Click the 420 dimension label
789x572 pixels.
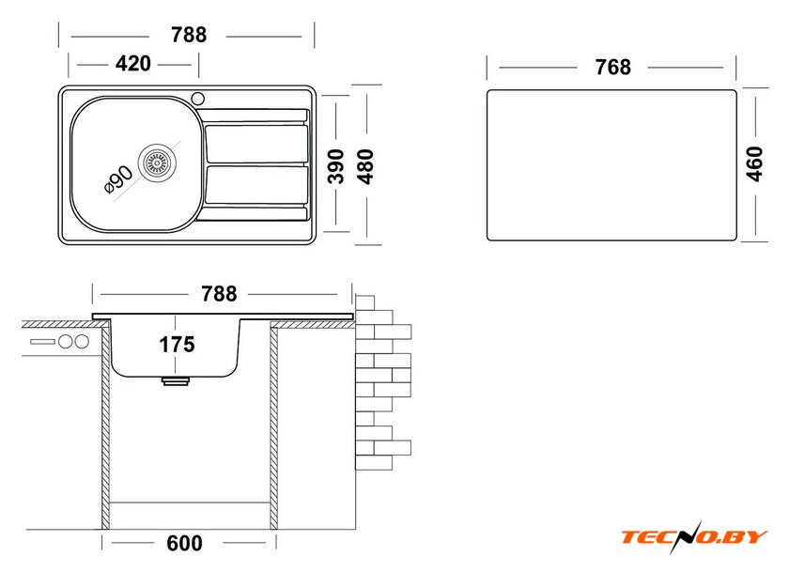[132, 64]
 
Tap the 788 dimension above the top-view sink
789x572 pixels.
[189, 35]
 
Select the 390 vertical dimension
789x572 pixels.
[336, 166]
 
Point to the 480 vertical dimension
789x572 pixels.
[365, 166]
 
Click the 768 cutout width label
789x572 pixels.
[612, 68]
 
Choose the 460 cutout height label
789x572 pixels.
[754, 163]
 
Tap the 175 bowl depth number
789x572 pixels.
[177, 345]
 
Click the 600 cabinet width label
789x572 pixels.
[185, 543]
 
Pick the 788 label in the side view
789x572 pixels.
[219, 294]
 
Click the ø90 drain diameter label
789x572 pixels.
[118, 179]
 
